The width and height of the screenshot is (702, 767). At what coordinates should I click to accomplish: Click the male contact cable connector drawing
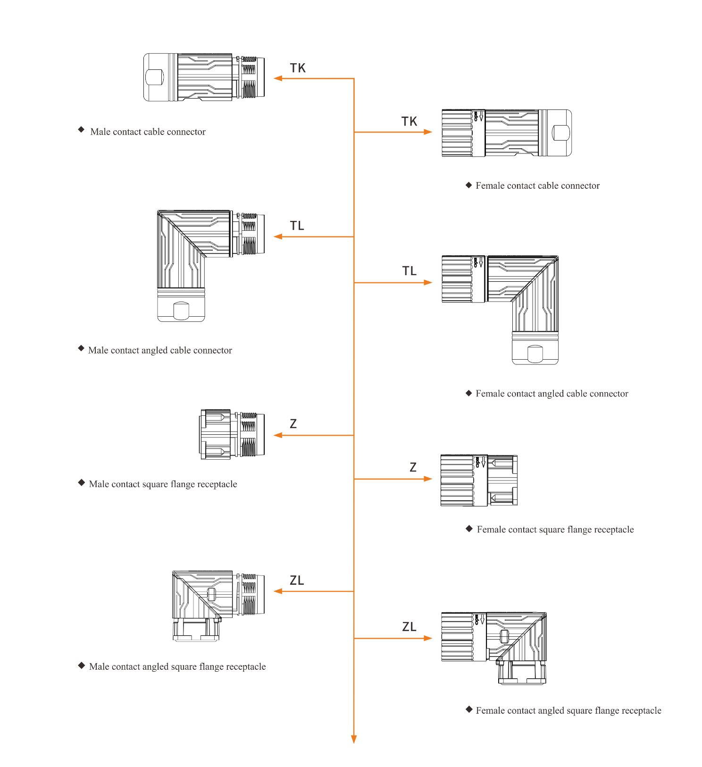pos(204,77)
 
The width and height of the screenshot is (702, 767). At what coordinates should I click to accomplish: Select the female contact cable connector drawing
pos(506,133)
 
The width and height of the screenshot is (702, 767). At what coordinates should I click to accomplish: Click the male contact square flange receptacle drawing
pos(232,434)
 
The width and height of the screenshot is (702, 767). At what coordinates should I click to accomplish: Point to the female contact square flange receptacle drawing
pos(479,480)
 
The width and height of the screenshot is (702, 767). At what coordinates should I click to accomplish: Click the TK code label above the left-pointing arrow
pos(298,68)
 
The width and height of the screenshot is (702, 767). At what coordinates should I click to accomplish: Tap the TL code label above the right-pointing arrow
pos(409,271)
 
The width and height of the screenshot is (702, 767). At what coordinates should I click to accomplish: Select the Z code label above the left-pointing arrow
pos(293,424)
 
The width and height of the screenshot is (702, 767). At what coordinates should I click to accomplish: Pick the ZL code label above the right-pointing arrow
pos(409,627)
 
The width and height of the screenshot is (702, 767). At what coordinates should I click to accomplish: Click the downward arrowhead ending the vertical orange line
pos(354,739)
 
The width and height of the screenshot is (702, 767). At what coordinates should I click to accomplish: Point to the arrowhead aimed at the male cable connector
pos(278,78)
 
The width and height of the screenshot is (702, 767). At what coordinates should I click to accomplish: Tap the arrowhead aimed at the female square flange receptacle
pos(428,479)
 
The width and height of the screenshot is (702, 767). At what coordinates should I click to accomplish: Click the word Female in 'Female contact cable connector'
pos(490,186)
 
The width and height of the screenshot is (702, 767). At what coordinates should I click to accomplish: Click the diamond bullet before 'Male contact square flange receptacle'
pos(81,483)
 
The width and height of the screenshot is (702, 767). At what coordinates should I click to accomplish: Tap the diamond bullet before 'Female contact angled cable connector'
pos(468,393)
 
